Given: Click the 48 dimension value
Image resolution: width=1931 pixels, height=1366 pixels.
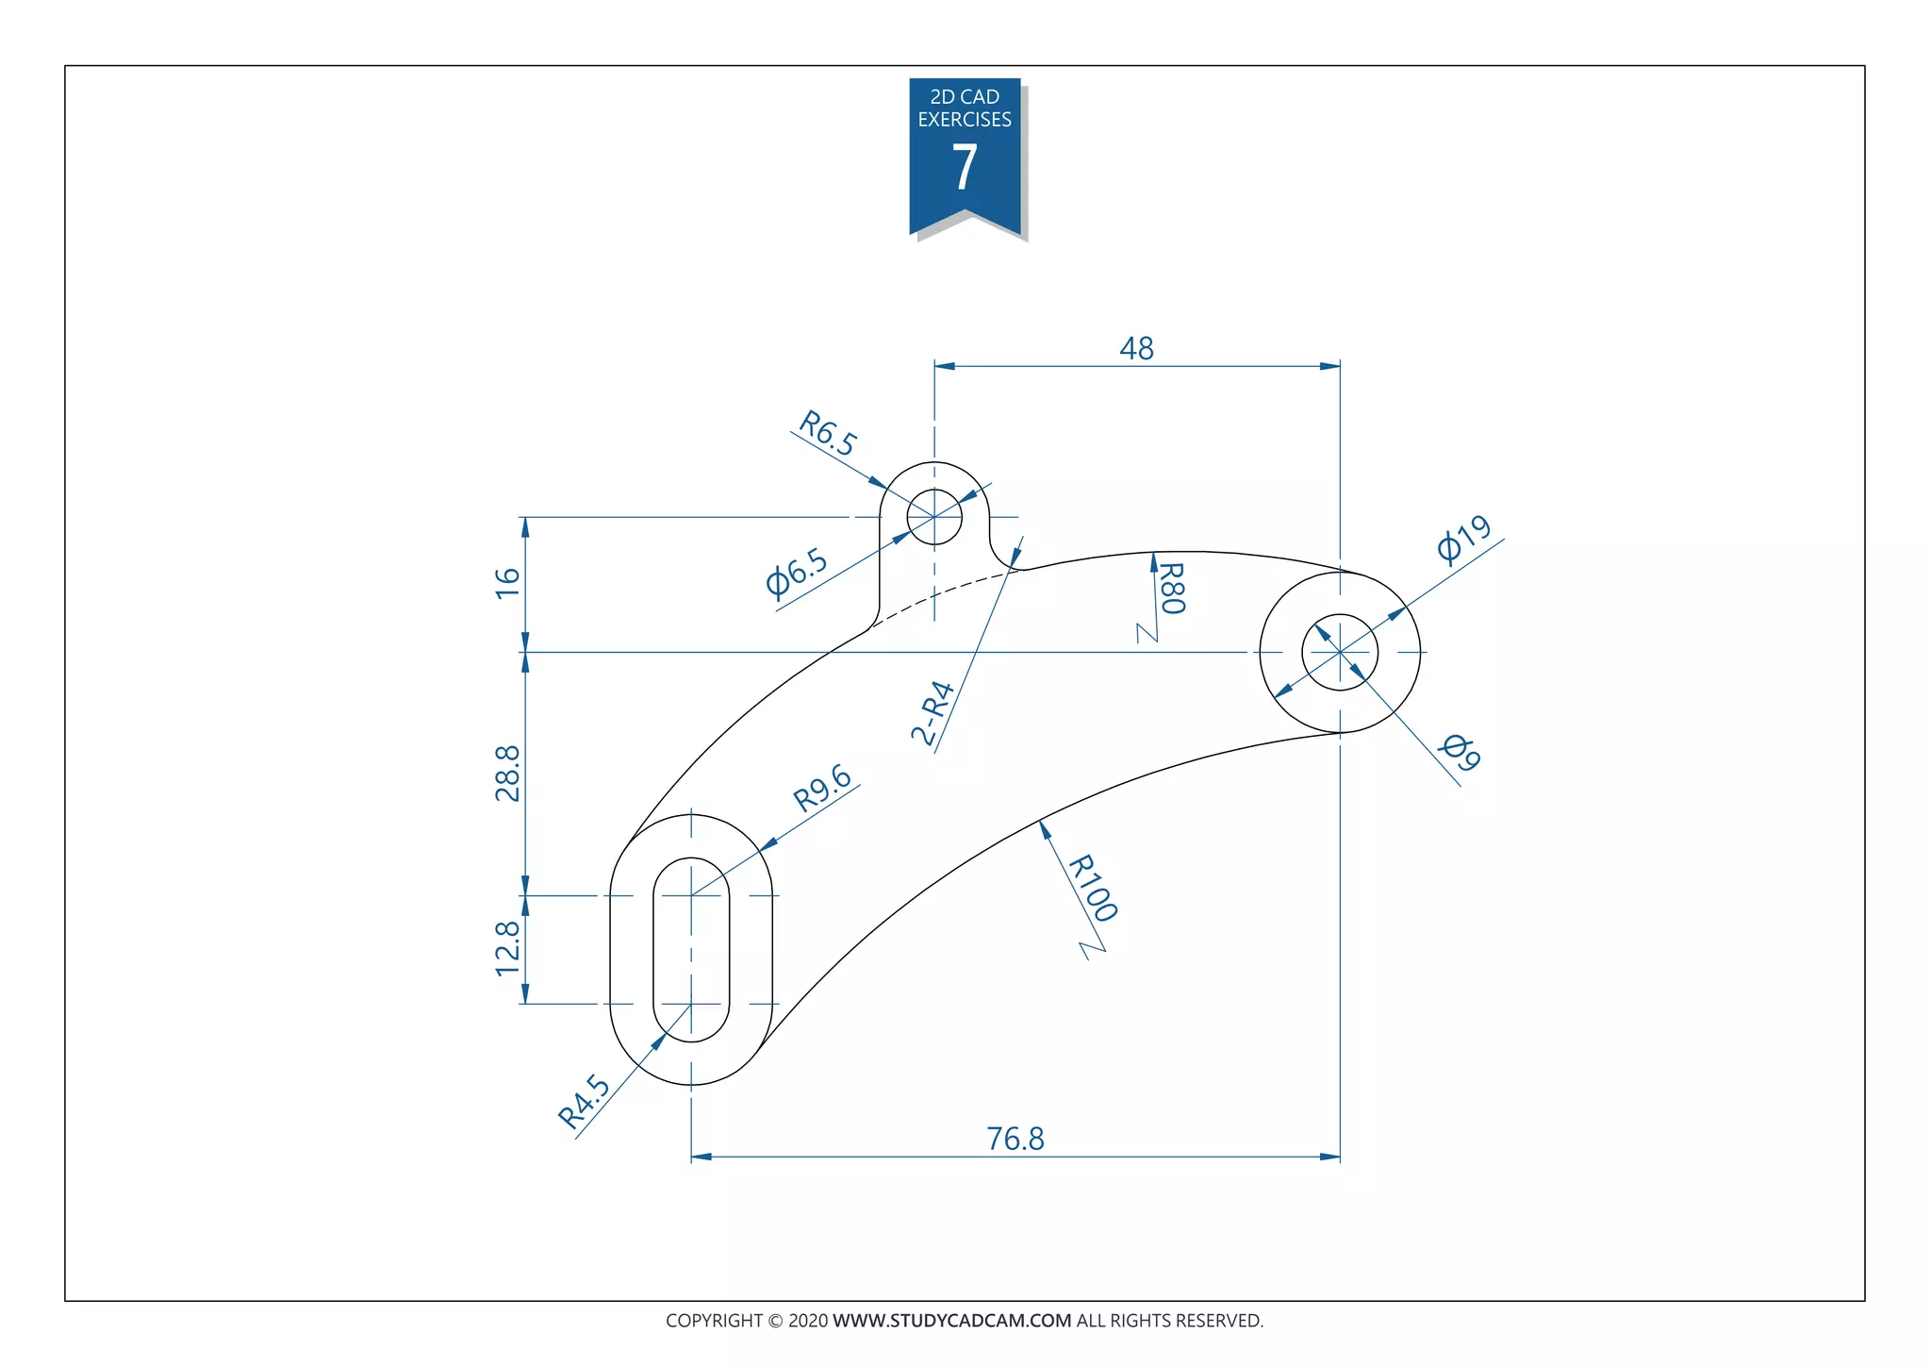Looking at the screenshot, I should [1136, 349].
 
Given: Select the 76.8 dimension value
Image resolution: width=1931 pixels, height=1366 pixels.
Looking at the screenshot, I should [1015, 1139].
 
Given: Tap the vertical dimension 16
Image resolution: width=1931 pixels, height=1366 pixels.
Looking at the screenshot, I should [507, 582].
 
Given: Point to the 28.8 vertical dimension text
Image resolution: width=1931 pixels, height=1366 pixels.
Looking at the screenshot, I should [507, 773].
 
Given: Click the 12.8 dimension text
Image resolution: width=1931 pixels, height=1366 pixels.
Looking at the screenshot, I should [507, 948].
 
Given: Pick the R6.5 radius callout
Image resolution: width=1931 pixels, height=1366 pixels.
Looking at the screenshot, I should [828, 433].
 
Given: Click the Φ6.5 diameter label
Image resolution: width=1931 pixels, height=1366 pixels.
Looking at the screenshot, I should [797, 574].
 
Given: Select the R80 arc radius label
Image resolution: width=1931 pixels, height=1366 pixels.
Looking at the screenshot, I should [1171, 588].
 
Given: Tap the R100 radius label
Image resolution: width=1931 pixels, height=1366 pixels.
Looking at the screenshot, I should [1093, 888].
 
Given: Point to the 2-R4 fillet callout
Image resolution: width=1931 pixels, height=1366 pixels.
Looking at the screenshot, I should [933, 712].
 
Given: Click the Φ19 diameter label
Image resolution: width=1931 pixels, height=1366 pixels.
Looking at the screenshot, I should [1463, 539].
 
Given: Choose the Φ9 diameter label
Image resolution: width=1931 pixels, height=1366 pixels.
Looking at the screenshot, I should [1461, 752].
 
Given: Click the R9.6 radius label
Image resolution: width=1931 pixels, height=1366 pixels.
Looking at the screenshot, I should [823, 789].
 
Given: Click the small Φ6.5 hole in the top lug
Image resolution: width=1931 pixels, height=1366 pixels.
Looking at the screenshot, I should [934, 517].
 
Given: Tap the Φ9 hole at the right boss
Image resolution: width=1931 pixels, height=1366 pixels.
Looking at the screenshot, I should [1340, 652].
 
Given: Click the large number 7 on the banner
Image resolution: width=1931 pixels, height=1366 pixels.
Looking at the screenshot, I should [965, 168].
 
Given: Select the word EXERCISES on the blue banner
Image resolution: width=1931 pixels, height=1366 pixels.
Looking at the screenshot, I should [965, 120].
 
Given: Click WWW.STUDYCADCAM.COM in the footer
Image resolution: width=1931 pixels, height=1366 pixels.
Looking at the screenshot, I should [951, 1321].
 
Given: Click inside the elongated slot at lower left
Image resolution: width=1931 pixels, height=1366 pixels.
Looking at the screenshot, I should [691, 950].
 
